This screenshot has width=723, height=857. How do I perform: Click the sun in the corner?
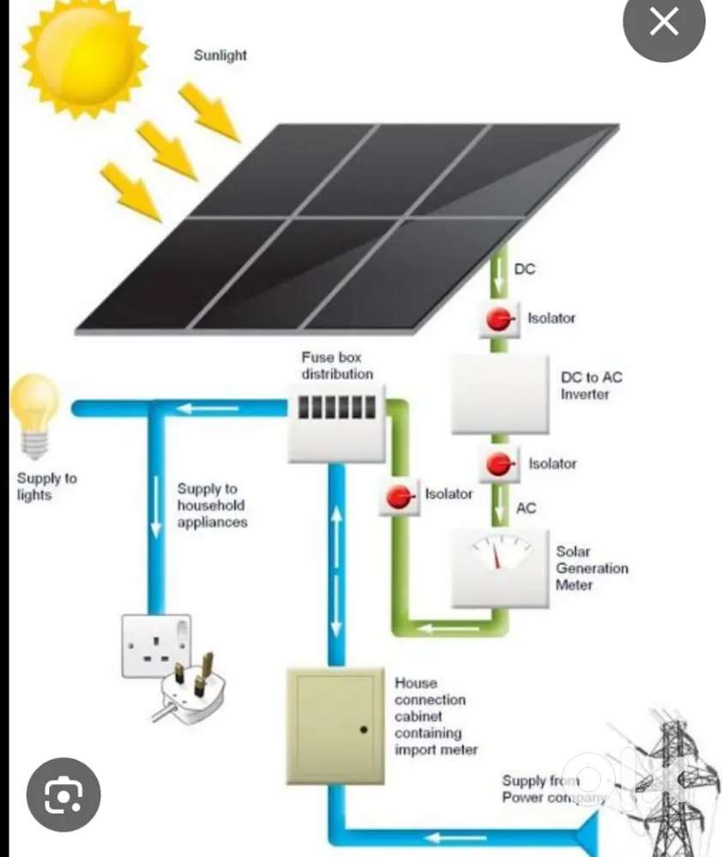84,56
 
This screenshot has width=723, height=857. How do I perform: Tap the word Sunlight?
220,56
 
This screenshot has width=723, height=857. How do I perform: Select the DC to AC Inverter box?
499,394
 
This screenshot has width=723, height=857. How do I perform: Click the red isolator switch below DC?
498,319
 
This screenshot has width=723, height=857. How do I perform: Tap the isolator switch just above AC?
498,464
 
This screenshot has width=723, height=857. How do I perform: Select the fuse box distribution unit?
335,421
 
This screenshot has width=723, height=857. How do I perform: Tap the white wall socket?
155,644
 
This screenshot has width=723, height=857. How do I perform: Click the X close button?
664,23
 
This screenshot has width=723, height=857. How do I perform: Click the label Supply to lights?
46,486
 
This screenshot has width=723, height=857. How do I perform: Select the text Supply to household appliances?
211,505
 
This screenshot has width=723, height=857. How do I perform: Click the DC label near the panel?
524,269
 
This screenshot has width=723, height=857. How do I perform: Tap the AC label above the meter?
526,508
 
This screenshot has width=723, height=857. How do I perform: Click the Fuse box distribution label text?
337,365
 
